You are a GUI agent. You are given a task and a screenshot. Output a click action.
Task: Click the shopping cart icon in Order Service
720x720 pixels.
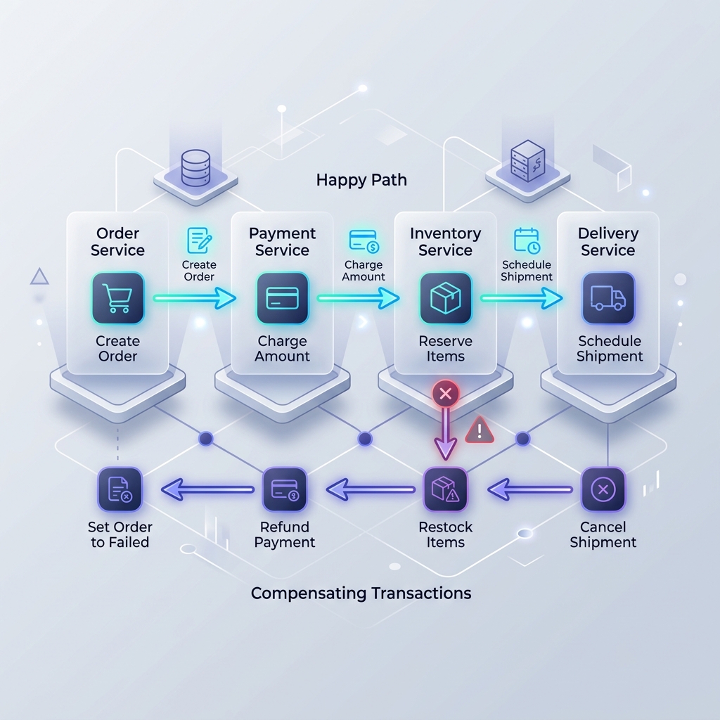pyautogui.click(x=117, y=298)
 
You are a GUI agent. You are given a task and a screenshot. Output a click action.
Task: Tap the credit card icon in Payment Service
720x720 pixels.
pyautogui.click(x=283, y=298)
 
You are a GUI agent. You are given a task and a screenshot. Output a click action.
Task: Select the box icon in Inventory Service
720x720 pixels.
pyautogui.click(x=445, y=298)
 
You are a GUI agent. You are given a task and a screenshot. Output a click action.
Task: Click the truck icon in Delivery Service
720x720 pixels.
pyautogui.click(x=608, y=298)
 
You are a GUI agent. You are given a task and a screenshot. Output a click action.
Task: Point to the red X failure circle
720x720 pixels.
pyautogui.click(x=445, y=394)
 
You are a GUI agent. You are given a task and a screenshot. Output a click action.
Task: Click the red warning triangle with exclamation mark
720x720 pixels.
pyautogui.click(x=480, y=430)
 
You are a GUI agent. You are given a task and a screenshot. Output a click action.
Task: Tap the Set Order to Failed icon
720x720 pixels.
pyautogui.click(x=120, y=489)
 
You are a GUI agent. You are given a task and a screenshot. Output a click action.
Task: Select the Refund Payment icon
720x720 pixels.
pyautogui.click(x=284, y=489)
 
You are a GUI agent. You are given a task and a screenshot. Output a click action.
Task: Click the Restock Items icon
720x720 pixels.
pyautogui.click(x=445, y=489)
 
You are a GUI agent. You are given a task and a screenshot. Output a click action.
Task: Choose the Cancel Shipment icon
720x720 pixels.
pyautogui.click(x=603, y=489)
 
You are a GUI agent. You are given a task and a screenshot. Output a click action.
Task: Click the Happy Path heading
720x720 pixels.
pyautogui.click(x=361, y=180)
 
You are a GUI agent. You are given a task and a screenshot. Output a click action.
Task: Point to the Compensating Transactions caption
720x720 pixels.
pyautogui.click(x=361, y=593)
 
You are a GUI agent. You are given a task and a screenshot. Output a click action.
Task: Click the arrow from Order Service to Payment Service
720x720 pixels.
pyautogui.click(x=194, y=298)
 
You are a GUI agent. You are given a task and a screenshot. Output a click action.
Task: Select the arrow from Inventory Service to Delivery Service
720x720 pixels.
pyautogui.click(x=521, y=298)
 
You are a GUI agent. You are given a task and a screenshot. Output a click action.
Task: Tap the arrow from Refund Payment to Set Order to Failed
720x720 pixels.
pyautogui.click(x=207, y=489)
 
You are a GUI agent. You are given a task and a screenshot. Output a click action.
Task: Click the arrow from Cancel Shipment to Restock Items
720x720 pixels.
pyautogui.click(x=530, y=489)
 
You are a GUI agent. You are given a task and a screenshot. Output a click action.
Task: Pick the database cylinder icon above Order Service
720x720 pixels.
pyautogui.click(x=195, y=167)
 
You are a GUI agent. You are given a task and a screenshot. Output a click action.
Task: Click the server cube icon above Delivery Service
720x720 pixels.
pyautogui.click(x=527, y=161)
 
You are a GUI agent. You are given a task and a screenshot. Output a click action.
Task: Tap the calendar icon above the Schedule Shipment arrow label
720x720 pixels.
pyautogui.click(x=527, y=240)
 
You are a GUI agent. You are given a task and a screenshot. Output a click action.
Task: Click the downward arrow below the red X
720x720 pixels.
pyautogui.click(x=445, y=434)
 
